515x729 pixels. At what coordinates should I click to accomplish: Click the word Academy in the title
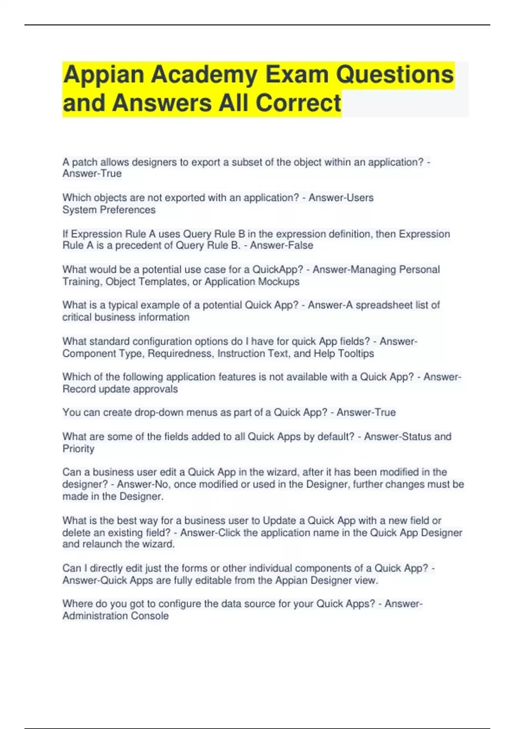coord(203,75)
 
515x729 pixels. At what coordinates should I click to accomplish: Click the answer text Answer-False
coord(282,245)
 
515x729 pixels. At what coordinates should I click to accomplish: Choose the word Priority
coord(79,449)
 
